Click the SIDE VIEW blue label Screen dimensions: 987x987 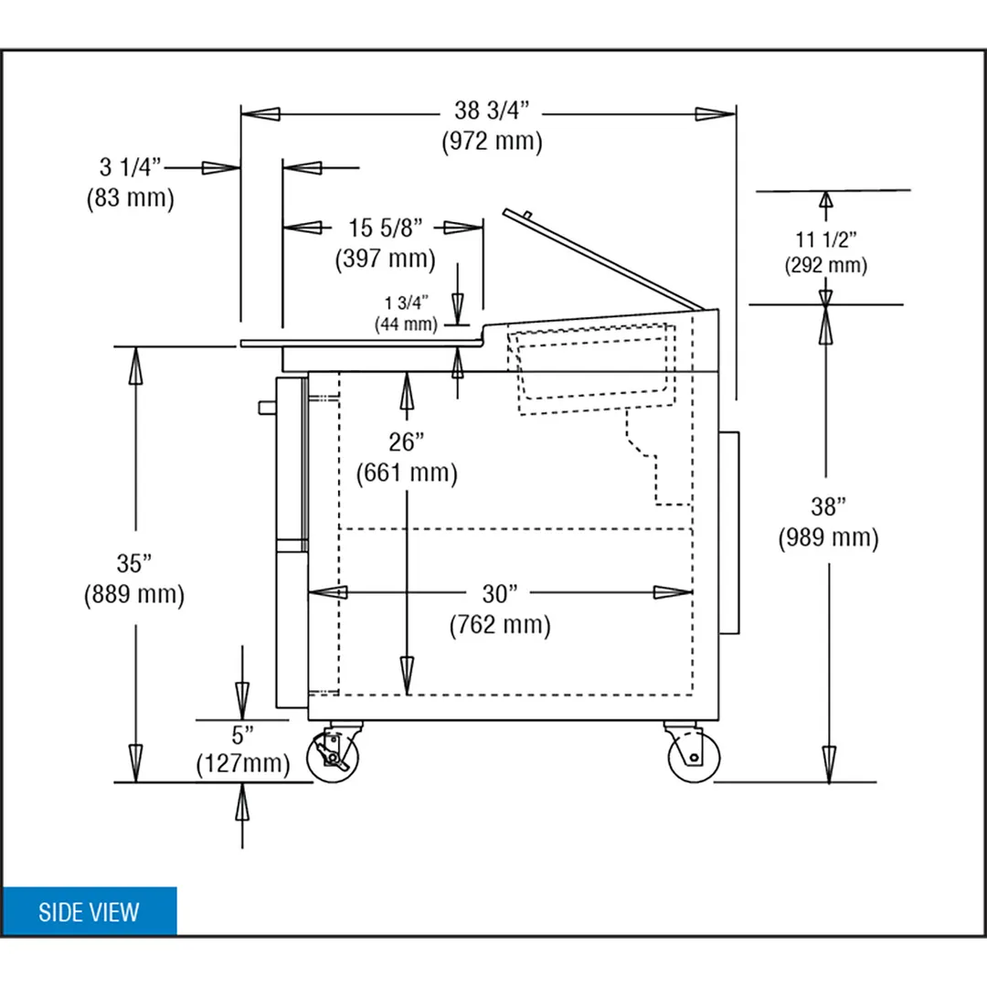click(89, 911)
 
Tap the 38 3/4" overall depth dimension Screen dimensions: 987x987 click(492, 111)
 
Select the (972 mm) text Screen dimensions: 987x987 click(492, 141)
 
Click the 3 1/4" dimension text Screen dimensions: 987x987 click(131, 167)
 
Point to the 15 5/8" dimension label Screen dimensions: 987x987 click(386, 228)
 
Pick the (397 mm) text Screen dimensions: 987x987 click(386, 258)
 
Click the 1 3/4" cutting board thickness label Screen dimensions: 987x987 click(406, 303)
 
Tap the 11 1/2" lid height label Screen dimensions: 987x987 click(826, 239)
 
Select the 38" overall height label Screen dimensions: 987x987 click(828, 506)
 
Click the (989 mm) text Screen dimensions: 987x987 click(828, 537)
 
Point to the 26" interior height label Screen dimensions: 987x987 click(406, 442)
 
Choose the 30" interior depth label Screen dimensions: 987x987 click(499, 594)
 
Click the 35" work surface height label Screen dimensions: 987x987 click(134, 563)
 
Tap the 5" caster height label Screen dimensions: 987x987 click(242, 735)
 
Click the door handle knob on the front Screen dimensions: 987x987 click(267, 408)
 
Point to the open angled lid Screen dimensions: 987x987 click(603, 260)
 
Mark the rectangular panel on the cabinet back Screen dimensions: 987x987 click(729, 533)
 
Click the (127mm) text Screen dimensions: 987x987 click(243, 763)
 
